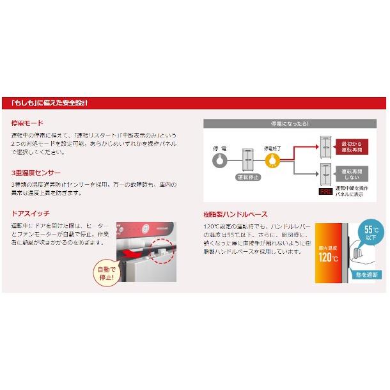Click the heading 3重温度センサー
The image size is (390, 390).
point(36,173)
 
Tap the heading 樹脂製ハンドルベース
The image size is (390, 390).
point(235,214)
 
